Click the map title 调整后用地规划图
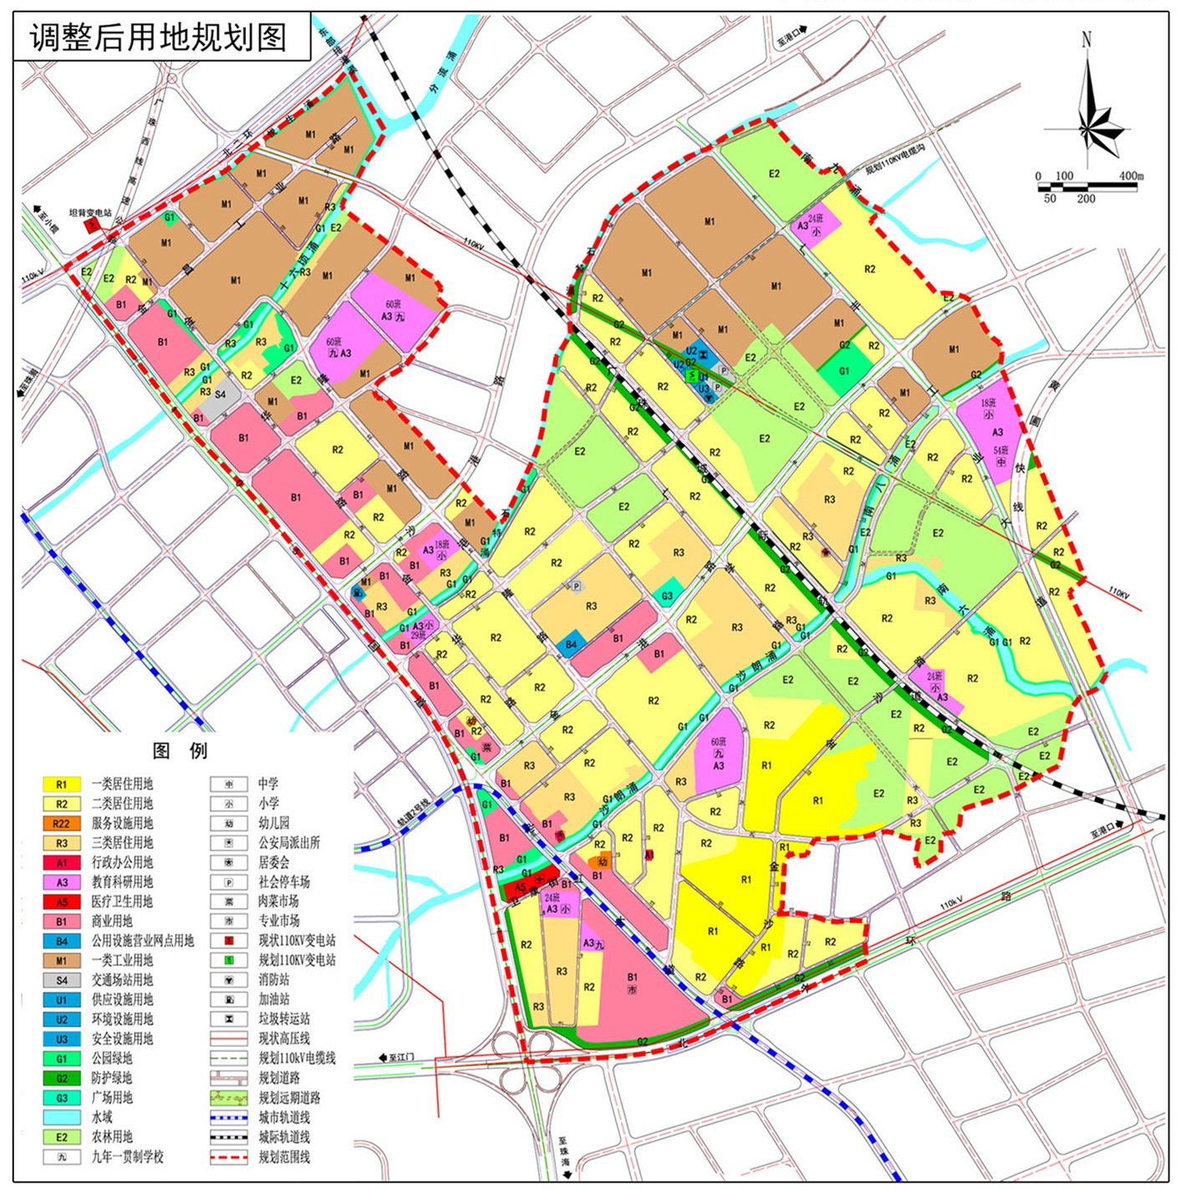[x=159, y=38]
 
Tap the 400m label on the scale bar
[x=1130, y=176]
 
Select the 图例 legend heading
[x=180, y=750]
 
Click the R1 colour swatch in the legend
[x=62, y=784]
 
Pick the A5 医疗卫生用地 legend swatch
[x=62, y=901]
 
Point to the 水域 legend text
[x=102, y=1117]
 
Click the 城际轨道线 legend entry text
[x=284, y=1137]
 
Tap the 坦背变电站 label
[x=90, y=213]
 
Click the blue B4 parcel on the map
[x=571, y=643]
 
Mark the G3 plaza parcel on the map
[x=667, y=595]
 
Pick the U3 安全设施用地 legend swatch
[x=62, y=1039]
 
